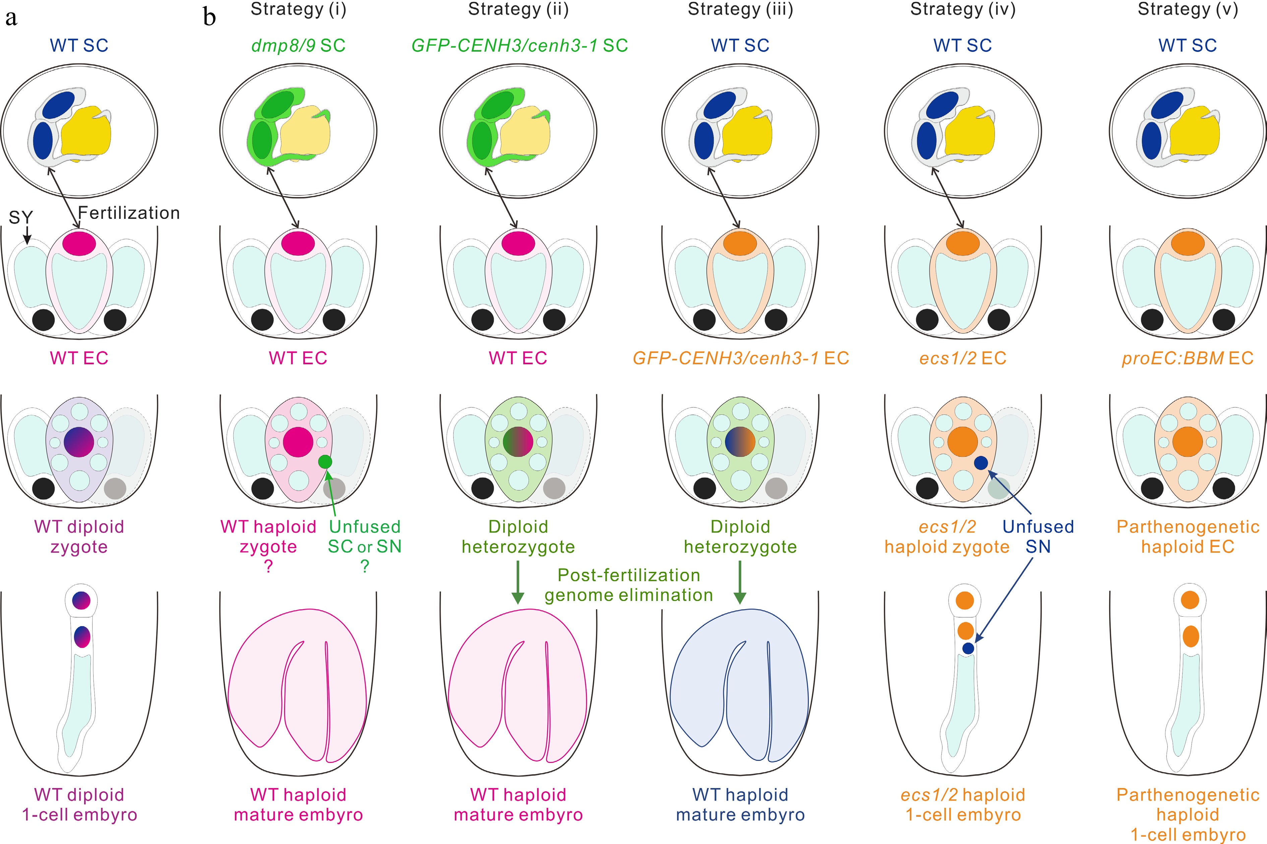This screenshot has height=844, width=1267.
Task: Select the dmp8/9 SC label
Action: point(298,45)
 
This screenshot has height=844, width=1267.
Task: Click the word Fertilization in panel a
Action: point(129,213)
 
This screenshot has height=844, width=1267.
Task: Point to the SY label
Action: point(21,218)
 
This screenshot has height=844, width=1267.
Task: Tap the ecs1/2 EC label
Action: point(962,358)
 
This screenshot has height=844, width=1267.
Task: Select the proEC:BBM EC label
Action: point(1187,358)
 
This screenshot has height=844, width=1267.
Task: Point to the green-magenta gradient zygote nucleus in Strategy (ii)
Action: point(518,442)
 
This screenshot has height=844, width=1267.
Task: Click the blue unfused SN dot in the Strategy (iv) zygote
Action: point(981,462)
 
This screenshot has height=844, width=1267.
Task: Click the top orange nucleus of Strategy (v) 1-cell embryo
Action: point(1190,600)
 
